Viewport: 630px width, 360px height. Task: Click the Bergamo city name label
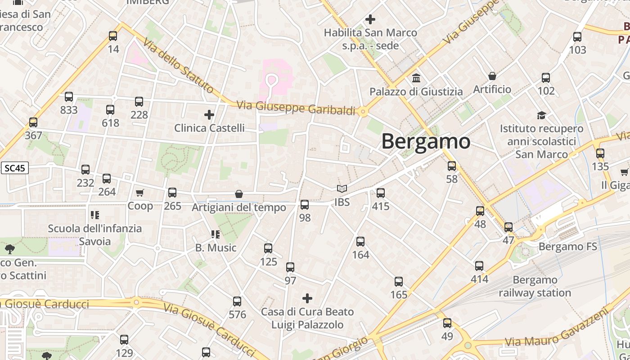pos(426,141)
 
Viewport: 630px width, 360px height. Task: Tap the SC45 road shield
pos(14,168)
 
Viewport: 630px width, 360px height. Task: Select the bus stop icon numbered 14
pos(113,36)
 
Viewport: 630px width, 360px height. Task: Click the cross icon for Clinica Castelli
pos(209,115)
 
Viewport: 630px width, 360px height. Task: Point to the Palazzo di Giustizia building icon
pos(416,78)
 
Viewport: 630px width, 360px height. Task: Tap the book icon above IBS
pos(342,189)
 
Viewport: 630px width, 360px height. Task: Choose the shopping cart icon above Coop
pos(140,193)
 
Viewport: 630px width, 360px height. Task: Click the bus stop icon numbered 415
pos(381,193)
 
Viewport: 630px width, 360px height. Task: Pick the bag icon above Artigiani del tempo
pos(239,194)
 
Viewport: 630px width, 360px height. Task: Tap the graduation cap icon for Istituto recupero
pos(541,116)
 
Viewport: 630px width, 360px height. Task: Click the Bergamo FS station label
pos(568,247)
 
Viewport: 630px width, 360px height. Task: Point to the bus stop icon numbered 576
pos(237,301)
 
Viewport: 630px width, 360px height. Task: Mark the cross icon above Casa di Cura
pos(307,298)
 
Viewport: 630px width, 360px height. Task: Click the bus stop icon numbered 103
pos(577,37)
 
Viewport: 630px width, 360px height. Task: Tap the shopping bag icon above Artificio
pos(492,76)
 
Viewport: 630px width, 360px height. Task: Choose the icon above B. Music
pos(216,234)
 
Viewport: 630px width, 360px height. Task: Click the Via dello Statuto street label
pos(178,66)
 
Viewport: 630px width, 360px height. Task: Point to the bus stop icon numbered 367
pos(33,122)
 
